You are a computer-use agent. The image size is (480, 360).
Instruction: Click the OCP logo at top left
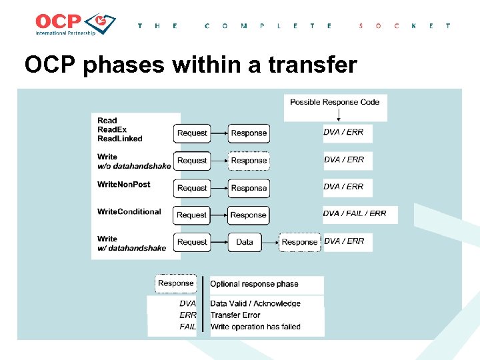[75, 25]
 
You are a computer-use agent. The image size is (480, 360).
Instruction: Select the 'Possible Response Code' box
[335, 102]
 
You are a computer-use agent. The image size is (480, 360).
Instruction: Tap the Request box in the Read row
[192, 133]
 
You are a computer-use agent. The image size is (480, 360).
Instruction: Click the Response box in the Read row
[249, 133]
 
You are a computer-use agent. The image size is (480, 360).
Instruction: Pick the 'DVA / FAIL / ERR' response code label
[354, 214]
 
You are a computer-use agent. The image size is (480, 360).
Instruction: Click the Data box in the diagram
[245, 242]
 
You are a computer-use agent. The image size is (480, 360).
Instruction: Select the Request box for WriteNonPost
[192, 188]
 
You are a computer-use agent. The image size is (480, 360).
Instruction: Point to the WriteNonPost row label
[124, 185]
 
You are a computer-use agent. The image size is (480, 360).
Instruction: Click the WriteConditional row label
[129, 212]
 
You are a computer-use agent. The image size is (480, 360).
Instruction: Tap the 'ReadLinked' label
[120, 139]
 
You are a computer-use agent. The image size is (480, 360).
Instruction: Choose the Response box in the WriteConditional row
[249, 215]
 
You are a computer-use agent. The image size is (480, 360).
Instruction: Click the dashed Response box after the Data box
[299, 242]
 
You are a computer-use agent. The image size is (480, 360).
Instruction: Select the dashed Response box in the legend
[176, 283]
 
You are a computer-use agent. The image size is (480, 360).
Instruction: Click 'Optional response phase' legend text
[254, 284]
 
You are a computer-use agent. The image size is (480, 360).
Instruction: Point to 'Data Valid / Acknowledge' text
[255, 304]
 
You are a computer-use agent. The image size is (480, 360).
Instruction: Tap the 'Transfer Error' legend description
[235, 315]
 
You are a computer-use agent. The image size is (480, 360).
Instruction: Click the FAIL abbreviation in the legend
[188, 327]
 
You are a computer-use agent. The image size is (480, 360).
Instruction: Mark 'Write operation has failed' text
[255, 327]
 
